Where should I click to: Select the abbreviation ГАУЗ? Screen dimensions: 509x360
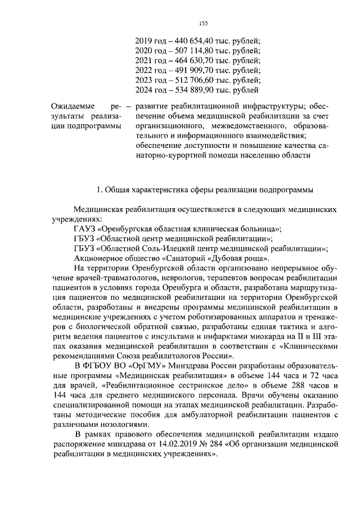84,228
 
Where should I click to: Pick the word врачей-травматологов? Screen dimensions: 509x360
98,278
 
